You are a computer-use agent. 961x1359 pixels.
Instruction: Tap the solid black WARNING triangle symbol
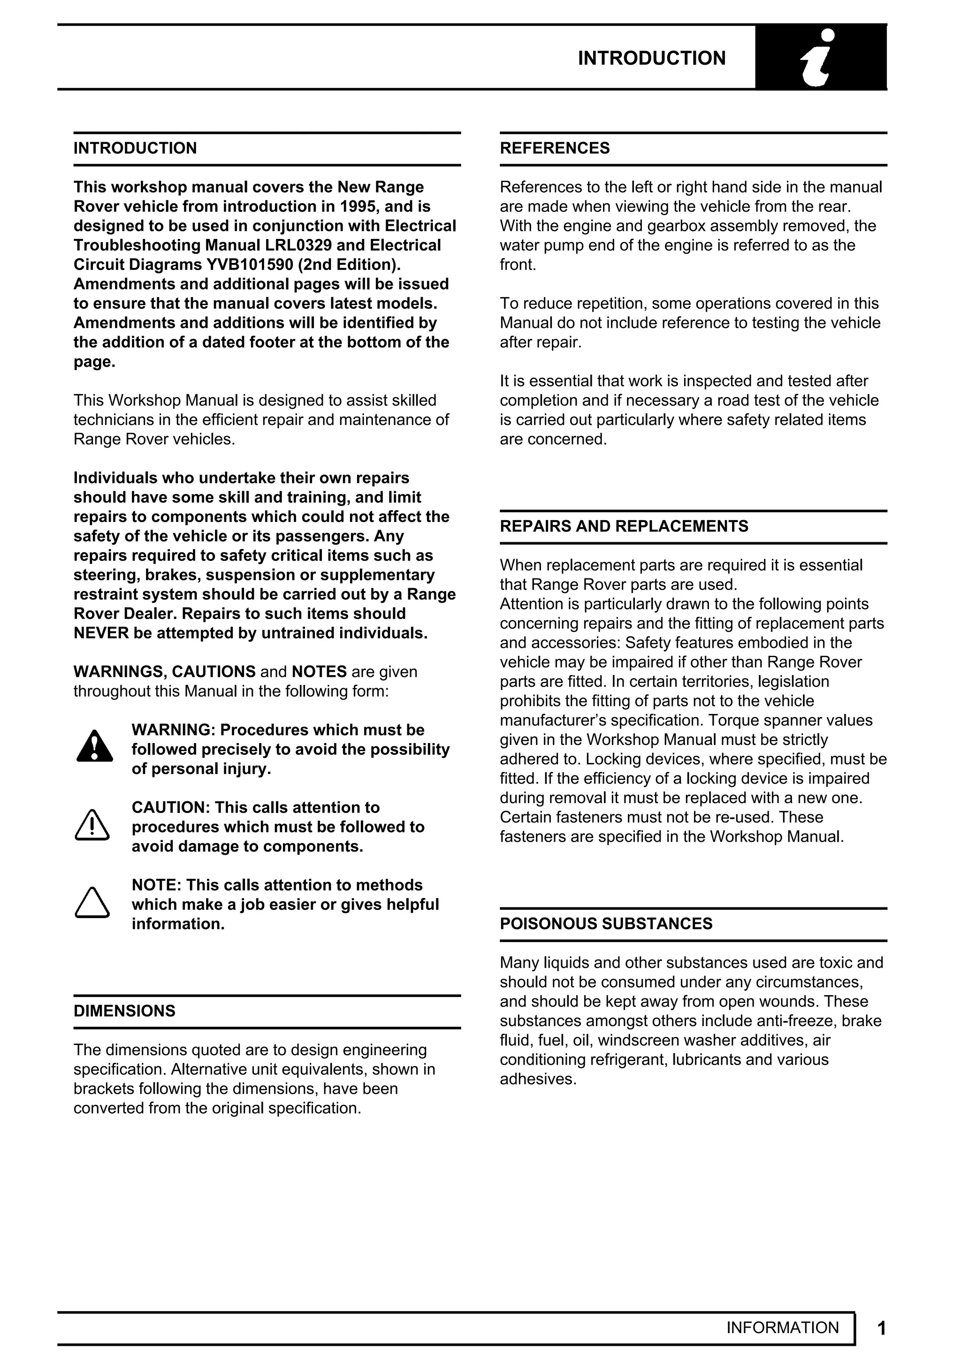point(94,748)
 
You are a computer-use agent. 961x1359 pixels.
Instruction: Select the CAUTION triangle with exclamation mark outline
point(92,825)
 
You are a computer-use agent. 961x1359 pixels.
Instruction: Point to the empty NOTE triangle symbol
point(92,903)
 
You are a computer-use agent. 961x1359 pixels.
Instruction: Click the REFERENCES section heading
point(555,148)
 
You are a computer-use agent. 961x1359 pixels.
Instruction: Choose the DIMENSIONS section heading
point(124,1011)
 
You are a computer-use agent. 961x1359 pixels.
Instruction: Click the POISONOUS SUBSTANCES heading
point(606,924)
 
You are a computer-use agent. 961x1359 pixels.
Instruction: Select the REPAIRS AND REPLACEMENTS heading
point(624,526)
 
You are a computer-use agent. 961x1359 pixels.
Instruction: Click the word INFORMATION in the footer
point(782,1328)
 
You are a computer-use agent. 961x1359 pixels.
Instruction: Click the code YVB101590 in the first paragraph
point(250,265)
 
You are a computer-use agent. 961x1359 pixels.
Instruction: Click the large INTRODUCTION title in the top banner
point(651,58)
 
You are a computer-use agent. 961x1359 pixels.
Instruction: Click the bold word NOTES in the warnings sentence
point(319,672)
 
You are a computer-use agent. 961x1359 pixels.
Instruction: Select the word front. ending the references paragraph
point(518,265)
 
